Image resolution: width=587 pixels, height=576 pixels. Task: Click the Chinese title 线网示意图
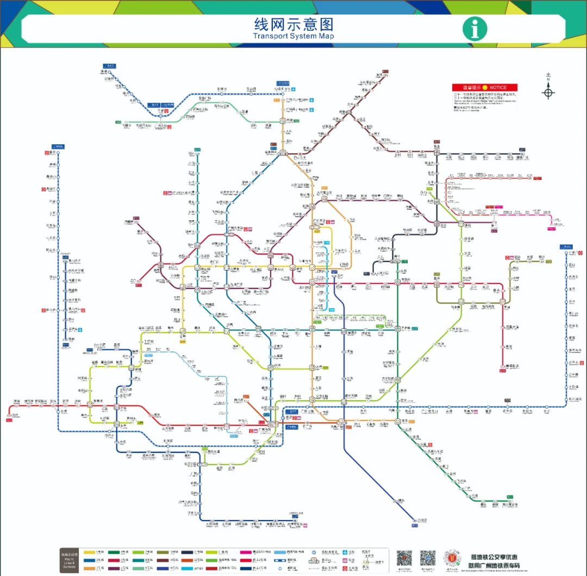pyautogui.click(x=293, y=24)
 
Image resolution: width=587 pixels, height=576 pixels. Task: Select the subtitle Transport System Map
pyautogui.click(x=293, y=36)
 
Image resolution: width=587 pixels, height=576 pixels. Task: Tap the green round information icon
pyautogui.click(x=474, y=29)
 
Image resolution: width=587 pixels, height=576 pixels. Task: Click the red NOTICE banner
pyautogui.click(x=485, y=88)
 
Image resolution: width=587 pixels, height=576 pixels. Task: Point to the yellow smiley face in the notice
pyautogui.click(x=485, y=88)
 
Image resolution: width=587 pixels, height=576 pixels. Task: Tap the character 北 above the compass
pyautogui.click(x=548, y=75)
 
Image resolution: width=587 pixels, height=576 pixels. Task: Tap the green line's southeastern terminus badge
pyautogui.click(x=509, y=497)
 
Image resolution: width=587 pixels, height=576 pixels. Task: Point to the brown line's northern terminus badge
pyautogui.click(x=385, y=71)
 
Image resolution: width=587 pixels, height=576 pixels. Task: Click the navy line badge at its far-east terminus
pyautogui.click(x=522, y=149)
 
